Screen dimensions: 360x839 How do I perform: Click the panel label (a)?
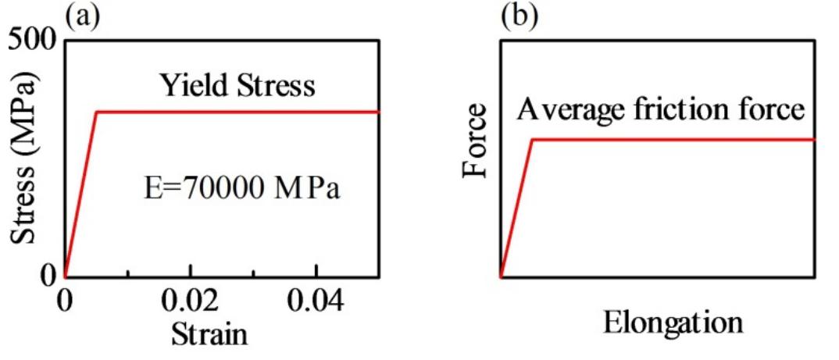click(82, 16)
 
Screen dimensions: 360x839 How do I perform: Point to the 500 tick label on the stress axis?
click(30, 39)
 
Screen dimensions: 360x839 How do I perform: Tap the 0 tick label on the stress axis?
click(48, 274)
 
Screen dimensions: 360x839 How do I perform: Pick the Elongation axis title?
click(672, 321)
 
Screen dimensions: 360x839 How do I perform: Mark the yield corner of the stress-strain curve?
click(96, 112)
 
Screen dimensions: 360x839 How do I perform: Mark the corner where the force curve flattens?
click(532, 140)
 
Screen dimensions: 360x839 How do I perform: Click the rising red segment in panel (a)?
click(81, 194)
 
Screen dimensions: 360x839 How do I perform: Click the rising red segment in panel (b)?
click(516, 208)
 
